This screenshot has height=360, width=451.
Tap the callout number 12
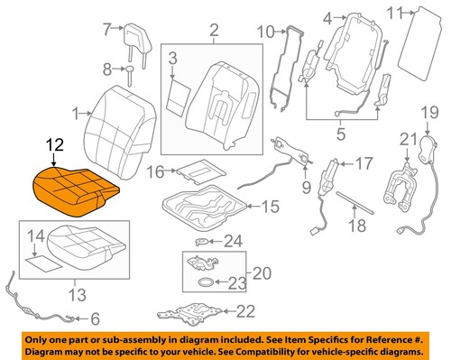[56, 145]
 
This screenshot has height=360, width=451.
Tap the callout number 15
[271, 207]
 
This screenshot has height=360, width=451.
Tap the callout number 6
[95, 318]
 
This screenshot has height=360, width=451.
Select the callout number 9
[306, 187]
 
